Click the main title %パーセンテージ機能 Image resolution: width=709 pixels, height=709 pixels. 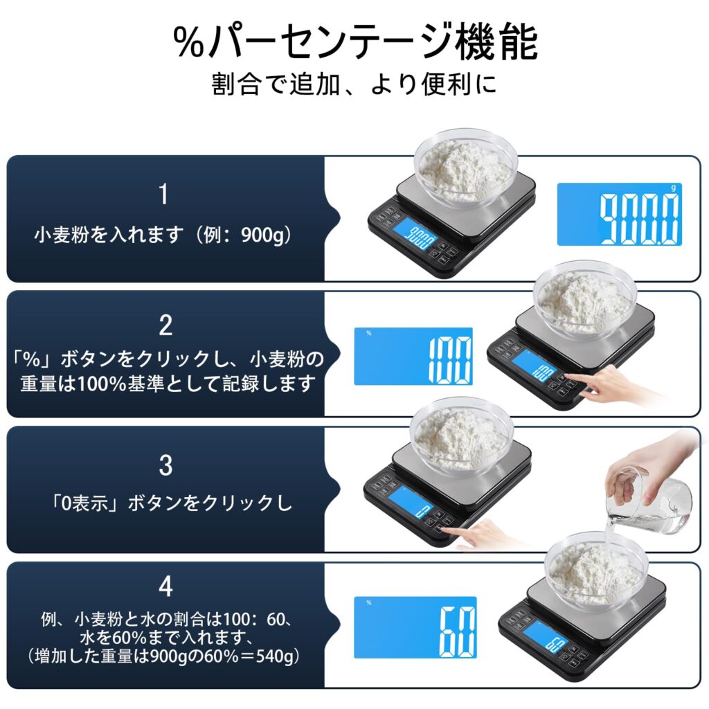point(354,43)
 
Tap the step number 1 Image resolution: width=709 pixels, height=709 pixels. point(163,195)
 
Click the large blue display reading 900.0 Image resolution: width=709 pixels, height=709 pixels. point(619,214)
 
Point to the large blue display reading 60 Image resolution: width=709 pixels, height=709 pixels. point(415,627)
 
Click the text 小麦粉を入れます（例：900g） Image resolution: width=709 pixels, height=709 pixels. point(164,235)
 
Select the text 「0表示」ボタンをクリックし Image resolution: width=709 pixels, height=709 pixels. point(164,503)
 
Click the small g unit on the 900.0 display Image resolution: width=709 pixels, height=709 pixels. point(676,187)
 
